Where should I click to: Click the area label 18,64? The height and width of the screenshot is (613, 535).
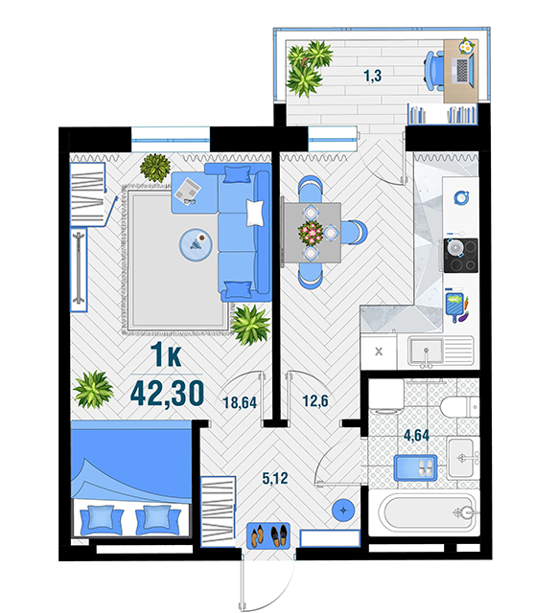point(240,402)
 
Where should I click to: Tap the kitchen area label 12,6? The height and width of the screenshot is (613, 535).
point(315,400)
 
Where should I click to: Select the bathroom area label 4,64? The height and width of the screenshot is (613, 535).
point(416,435)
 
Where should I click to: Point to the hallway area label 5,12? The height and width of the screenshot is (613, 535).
point(275,478)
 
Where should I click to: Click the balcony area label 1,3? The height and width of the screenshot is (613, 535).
point(372,76)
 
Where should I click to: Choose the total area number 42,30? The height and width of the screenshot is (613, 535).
point(167,394)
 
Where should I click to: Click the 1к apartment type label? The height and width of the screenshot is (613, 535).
point(167,354)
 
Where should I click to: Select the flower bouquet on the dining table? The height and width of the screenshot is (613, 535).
point(311,232)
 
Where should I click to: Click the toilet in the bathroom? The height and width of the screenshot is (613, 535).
point(459,407)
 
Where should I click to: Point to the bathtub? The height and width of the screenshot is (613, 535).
point(424,513)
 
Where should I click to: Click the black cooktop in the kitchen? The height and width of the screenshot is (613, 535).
point(460,256)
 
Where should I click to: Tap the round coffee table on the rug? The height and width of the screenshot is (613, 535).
point(196,244)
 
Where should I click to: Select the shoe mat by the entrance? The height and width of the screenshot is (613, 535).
point(268,535)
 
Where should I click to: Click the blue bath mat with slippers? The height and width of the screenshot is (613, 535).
point(415,467)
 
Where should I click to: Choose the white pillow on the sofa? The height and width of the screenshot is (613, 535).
point(254,213)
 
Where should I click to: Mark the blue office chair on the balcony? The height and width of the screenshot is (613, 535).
point(433,71)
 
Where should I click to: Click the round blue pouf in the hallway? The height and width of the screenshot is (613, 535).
point(343,511)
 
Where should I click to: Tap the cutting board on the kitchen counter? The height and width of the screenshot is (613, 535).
point(454,306)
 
